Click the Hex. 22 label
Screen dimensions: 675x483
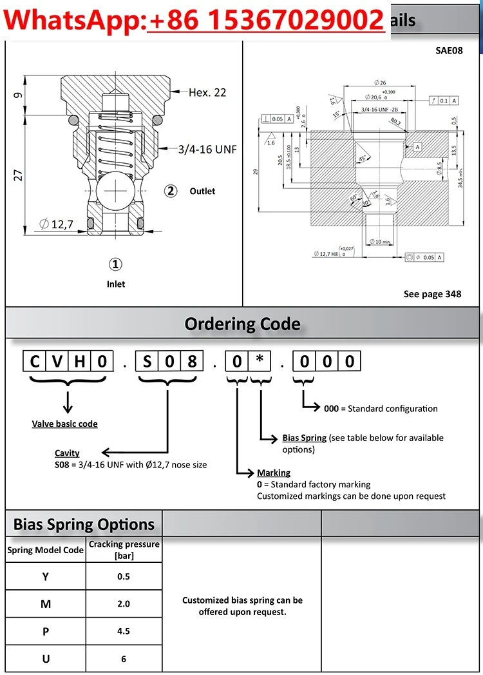pos(207,92)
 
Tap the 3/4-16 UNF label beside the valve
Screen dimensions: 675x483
pos(207,149)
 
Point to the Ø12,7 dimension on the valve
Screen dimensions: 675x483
pos(56,224)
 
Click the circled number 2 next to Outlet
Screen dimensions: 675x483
pos(171,191)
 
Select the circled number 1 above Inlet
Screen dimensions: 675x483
pos(115,264)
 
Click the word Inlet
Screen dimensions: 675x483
pos(116,284)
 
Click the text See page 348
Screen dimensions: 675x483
pos(432,294)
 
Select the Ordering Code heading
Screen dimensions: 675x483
pos(242,324)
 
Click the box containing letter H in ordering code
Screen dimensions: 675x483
pos(80,361)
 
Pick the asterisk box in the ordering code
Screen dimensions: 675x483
pos(259,361)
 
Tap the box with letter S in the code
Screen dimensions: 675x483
pos(147,361)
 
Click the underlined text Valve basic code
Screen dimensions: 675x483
pos(65,424)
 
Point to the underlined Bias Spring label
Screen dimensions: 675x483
pos(305,438)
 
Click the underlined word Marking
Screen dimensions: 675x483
pos(274,473)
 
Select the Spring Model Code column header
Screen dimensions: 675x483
pos(46,550)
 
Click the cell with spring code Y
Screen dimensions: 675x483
pos(46,576)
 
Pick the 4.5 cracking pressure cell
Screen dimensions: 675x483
pos(124,631)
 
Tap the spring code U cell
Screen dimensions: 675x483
pos(46,658)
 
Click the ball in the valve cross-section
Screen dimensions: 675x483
pos(116,191)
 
